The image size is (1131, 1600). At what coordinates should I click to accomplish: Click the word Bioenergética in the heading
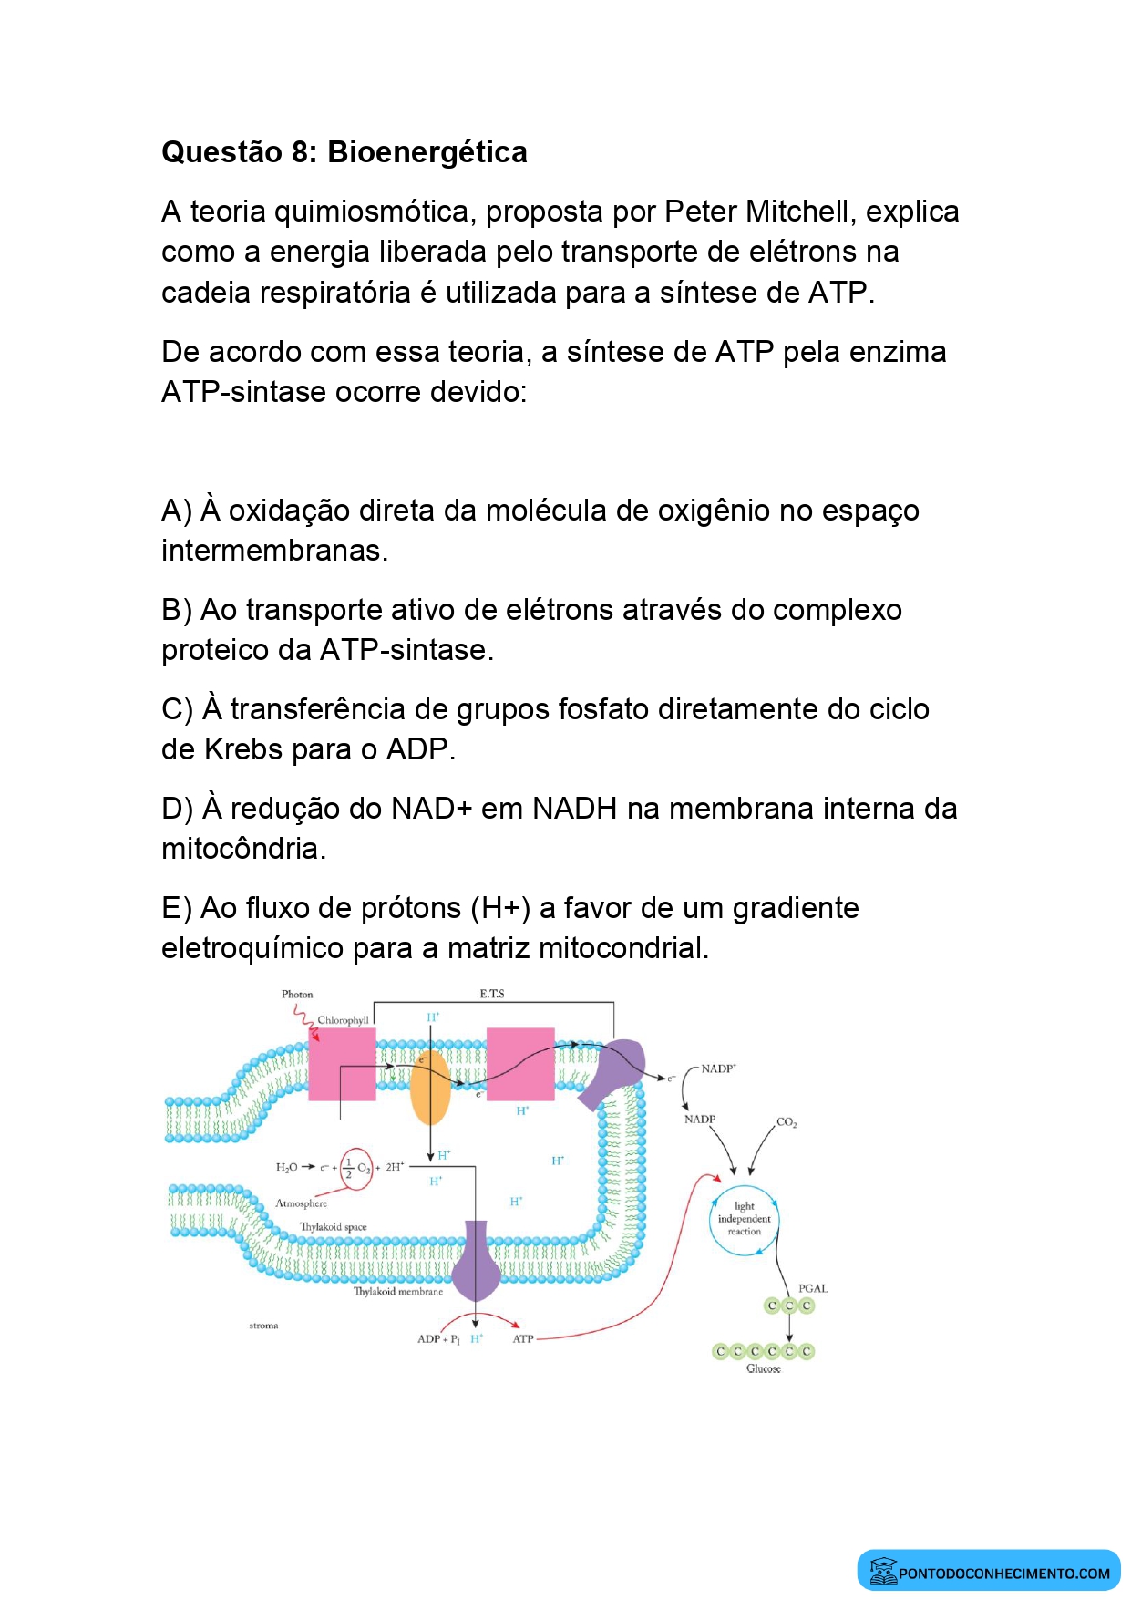[x=427, y=152]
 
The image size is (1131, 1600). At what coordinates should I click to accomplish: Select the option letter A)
[x=176, y=511]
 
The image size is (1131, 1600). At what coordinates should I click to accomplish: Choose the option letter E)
[x=176, y=908]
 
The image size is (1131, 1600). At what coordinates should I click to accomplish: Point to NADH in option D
[x=575, y=809]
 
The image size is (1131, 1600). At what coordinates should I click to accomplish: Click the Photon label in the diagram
[x=297, y=994]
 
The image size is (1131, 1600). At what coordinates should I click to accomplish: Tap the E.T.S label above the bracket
[x=492, y=994]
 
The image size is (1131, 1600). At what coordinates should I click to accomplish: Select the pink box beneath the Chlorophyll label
[x=342, y=1064]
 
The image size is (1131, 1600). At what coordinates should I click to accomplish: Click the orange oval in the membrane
[x=429, y=1088]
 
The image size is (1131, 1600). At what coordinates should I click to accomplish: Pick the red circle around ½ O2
[x=356, y=1168]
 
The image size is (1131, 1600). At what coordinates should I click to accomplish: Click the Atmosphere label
[x=301, y=1203]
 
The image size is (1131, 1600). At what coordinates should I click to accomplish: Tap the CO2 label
[x=787, y=1122]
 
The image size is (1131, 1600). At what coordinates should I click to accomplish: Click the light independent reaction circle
[x=745, y=1219]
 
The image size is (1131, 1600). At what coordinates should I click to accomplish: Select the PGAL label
[x=813, y=1288]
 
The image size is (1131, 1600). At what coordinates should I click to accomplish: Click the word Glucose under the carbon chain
[x=763, y=1368]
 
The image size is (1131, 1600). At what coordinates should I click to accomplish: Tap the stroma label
[x=263, y=1326]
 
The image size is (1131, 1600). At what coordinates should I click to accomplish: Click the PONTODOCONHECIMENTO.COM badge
[x=989, y=1572]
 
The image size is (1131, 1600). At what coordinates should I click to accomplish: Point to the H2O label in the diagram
[x=286, y=1167]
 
